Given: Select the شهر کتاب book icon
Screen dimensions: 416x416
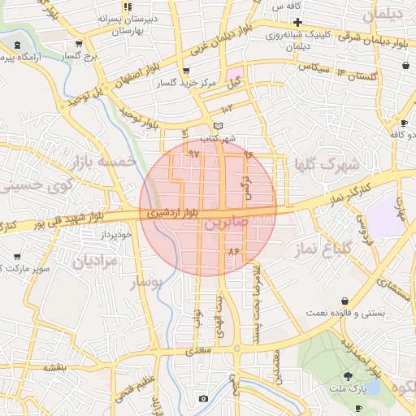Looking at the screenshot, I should (x=217, y=126).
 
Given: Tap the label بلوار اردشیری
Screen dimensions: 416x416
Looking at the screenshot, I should (x=172, y=213).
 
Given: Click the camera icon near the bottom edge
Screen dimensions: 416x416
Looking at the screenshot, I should (x=203, y=398).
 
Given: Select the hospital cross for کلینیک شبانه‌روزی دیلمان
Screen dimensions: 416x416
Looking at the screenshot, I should (x=298, y=21).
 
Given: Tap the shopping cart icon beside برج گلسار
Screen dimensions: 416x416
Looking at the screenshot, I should (x=78, y=45).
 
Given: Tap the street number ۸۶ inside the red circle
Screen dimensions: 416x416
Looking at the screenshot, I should (x=236, y=251).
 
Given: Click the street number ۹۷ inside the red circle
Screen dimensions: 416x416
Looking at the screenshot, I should (x=193, y=153).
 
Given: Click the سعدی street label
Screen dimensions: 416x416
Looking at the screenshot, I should (x=197, y=350).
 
